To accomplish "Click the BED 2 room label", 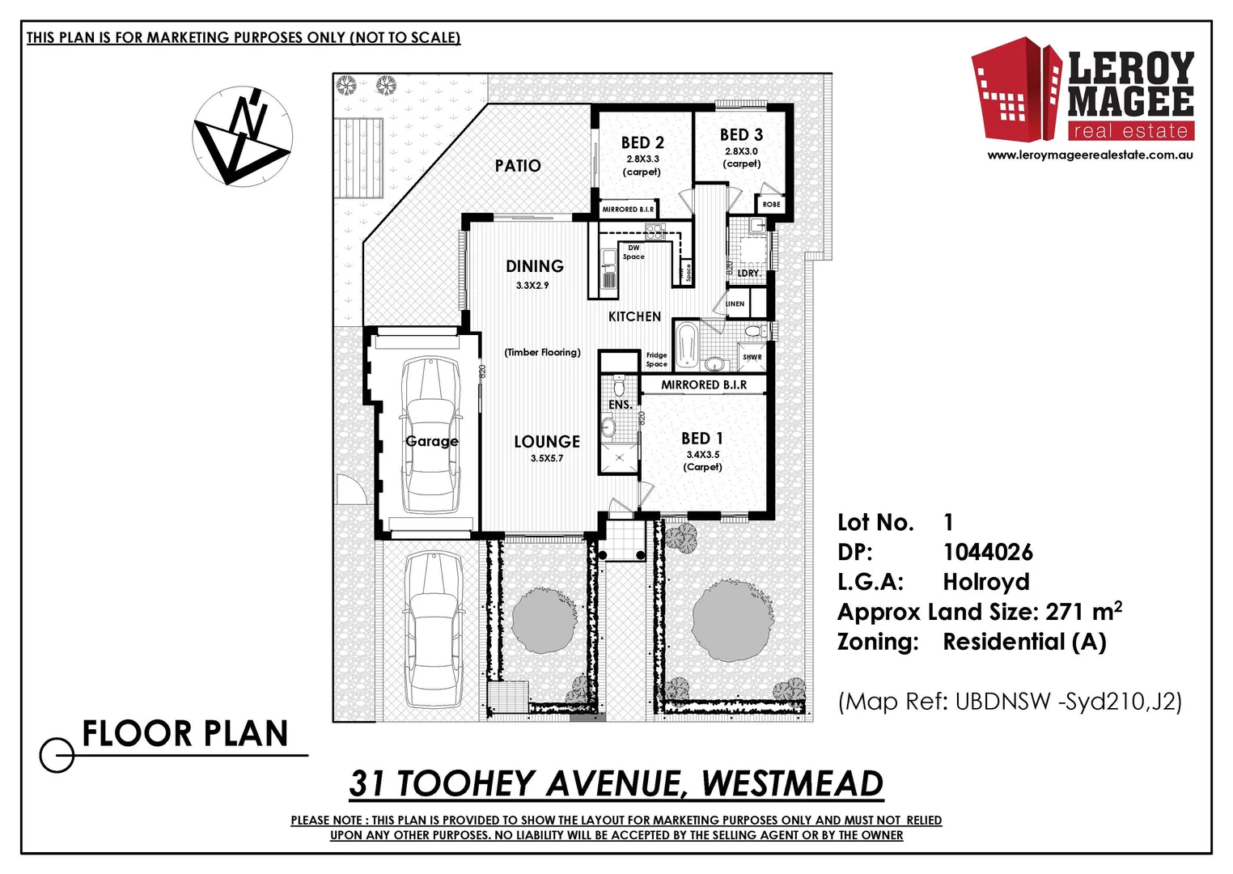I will click(642, 142).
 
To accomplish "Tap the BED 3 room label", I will click(741, 135).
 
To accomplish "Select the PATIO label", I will click(518, 166).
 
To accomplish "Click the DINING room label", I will click(535, 266).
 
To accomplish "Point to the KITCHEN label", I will click(634, 316).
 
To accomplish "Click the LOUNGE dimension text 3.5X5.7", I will click(547, 458).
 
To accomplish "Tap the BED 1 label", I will click(702, 439).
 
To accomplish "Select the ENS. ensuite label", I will click(620, 405).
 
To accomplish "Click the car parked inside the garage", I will click(430, 437).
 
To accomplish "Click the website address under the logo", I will click(1091, 155).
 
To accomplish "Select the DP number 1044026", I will click(988, 553).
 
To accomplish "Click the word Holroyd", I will click(985, 582).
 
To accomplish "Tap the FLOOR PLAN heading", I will click(185, 734).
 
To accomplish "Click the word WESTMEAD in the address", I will click(792, 783).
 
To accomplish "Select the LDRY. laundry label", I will click(748, 274).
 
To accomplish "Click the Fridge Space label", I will click(656, 359).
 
